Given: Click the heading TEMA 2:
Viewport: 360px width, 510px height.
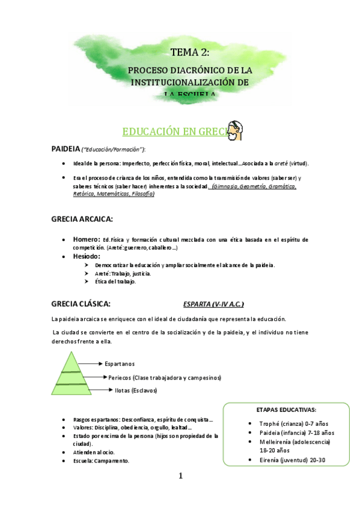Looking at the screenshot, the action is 189,53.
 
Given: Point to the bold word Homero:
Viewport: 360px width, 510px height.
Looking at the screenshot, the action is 86,239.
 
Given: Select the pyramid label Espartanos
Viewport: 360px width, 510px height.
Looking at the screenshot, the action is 120,364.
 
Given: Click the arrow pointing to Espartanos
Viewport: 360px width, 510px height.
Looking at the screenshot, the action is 92,364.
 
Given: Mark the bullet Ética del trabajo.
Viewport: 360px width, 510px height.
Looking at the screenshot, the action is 115,281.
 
